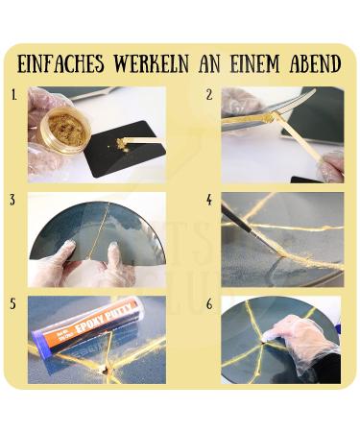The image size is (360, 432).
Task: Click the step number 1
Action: [13, 95]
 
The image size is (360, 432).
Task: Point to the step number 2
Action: [209, 95]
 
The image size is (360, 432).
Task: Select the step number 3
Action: [13, 200]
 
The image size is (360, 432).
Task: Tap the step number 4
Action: [209, 200]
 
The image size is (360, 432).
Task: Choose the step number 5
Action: [13, 303]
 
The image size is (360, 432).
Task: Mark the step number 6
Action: [209, 303]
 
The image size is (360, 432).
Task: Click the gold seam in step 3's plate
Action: [97, 230]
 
